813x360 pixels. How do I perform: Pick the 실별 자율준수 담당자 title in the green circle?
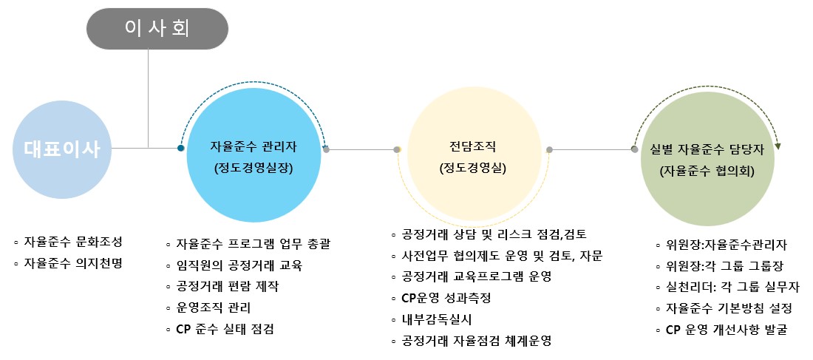(707, 149)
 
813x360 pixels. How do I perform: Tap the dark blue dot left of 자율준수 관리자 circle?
(180, 149)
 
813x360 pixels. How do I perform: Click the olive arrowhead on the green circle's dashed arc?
(778, 146)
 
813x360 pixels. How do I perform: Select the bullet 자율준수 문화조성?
(73, 242)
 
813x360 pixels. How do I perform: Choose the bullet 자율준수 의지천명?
(73, 262)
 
